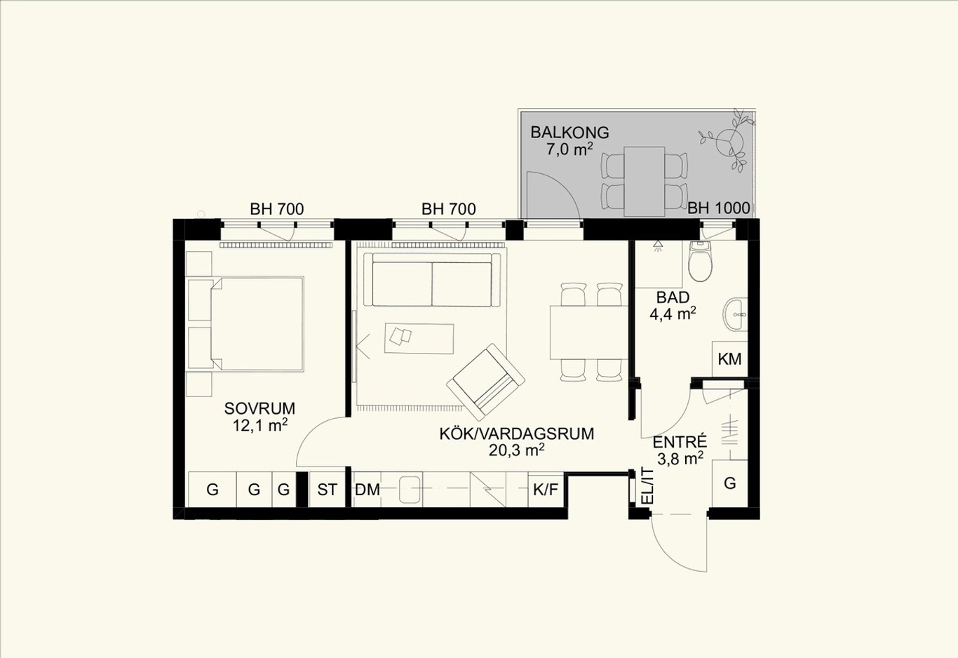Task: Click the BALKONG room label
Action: click(569, 133)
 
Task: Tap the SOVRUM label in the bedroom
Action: click(259, 408)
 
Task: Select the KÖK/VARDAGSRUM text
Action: click(517, 434)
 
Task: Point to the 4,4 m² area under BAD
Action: click(673, 314)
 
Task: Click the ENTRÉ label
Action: click(680, 441)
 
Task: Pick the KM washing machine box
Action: click(729, 359)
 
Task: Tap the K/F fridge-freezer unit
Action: click(546, 490)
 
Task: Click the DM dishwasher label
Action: click(367, 490)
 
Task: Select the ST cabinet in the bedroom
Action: click(327, 490)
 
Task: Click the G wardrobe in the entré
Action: click(729, 483)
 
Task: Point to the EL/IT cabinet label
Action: click(648, 486)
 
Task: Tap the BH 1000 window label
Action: click(718, 208)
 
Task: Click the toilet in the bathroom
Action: click(700, 261)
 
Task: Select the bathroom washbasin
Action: click(735, 314)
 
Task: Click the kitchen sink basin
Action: click(410, 490)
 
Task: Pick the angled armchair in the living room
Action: click(485, 382)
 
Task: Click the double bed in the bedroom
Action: click(257, 323)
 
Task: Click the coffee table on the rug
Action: click(419, 338)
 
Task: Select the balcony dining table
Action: click(644, 182)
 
